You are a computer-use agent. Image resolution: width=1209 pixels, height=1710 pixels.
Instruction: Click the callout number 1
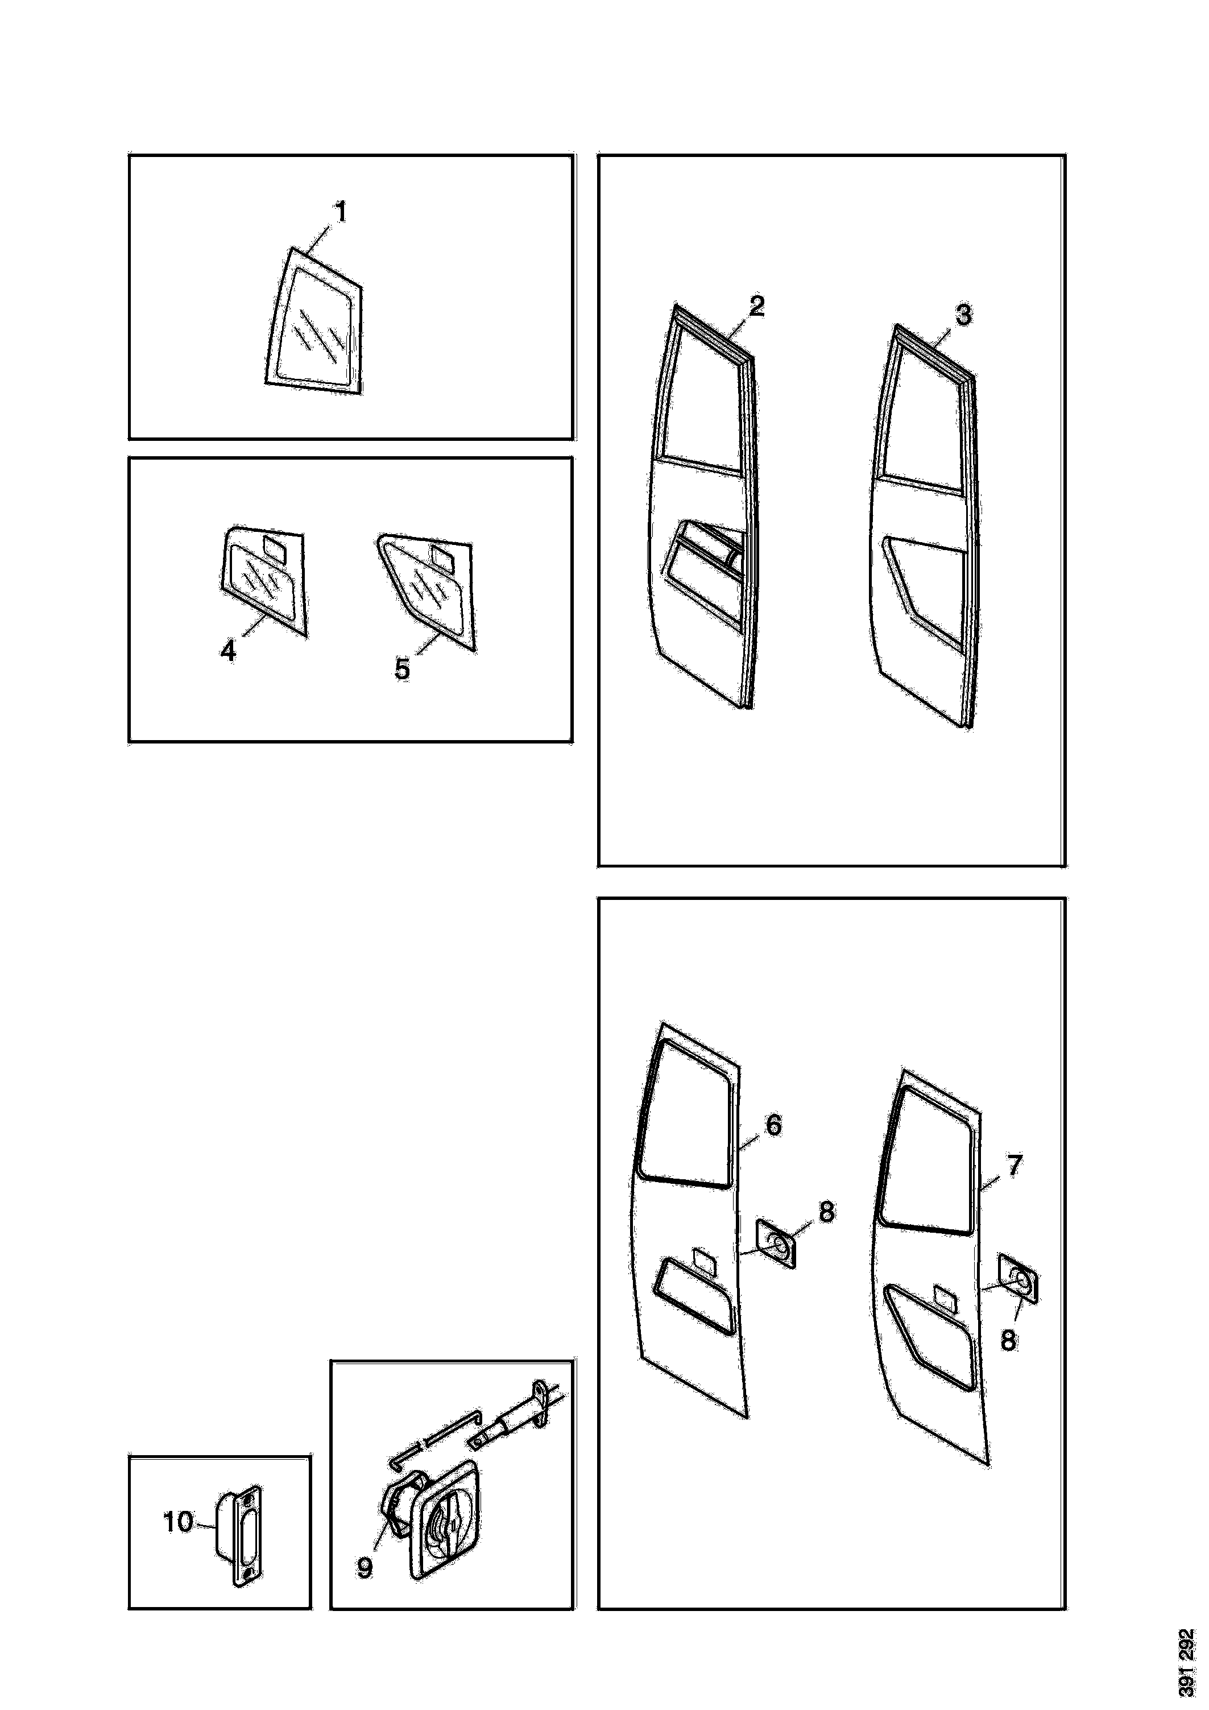tap(340, 213)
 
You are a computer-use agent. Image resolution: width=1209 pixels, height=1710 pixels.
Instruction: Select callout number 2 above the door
tap(756, 306)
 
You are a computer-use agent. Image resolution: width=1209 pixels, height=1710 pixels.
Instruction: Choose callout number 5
tap(402, 669)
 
